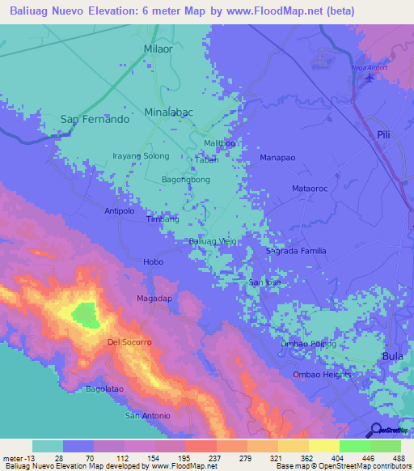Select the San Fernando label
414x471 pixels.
95,119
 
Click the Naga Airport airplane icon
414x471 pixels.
370,78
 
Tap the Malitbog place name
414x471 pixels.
219,143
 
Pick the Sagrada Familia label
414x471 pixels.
296,252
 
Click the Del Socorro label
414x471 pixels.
130,342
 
